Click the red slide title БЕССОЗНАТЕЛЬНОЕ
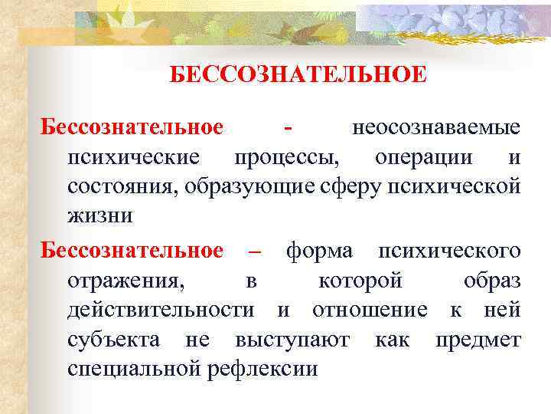298,75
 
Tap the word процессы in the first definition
289,156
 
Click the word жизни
99,215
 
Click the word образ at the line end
492,281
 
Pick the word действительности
161,310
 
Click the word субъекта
114,339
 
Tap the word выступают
292,339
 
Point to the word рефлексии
262,369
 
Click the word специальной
135,369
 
